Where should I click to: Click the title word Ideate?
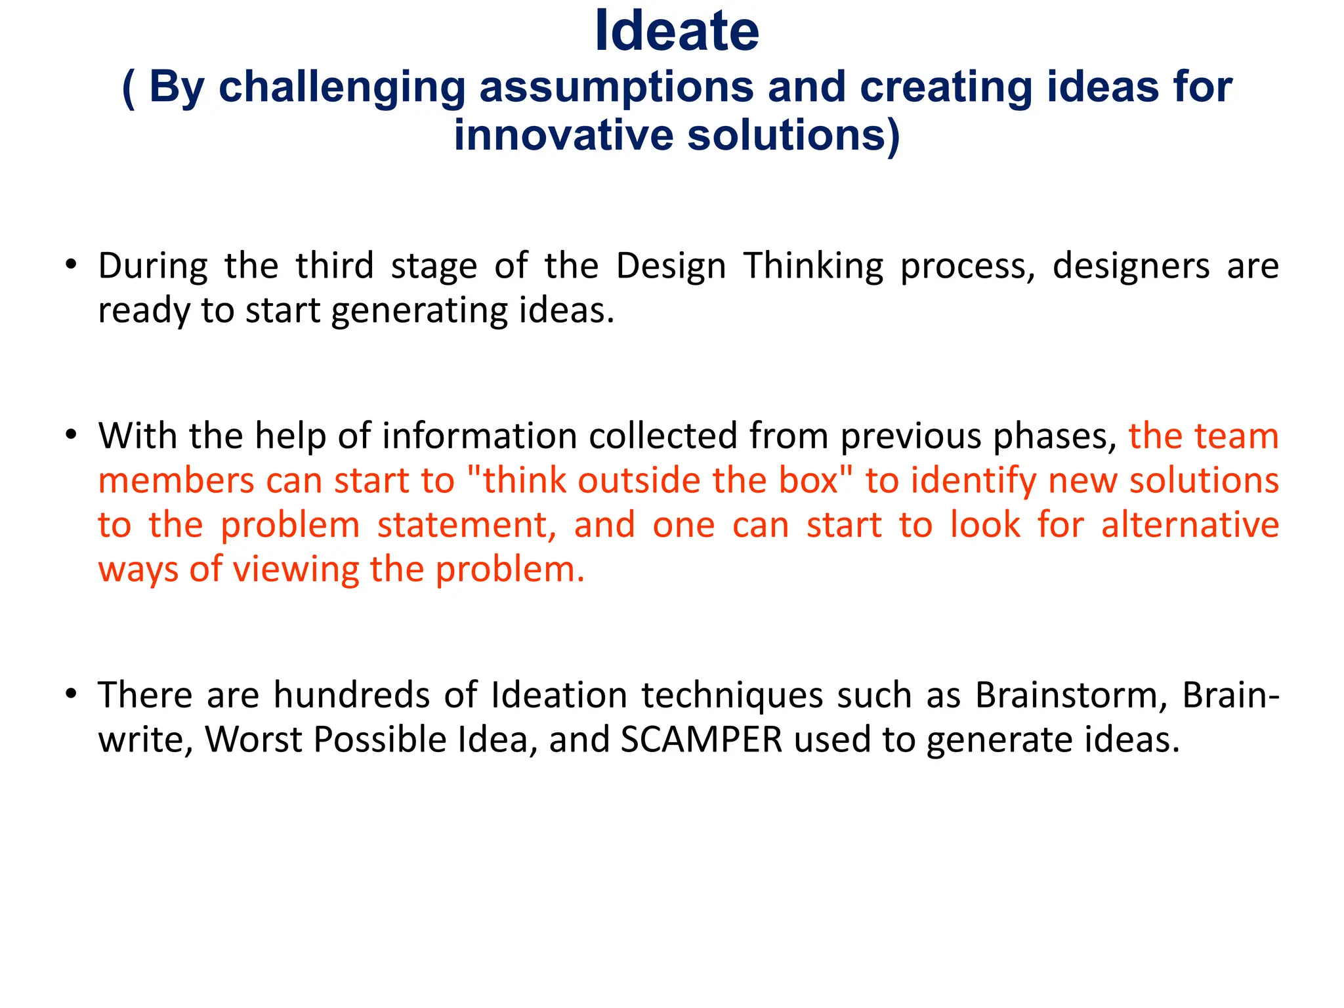676,31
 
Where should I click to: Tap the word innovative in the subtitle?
563,135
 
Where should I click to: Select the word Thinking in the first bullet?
813,266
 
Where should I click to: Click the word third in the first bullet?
334,266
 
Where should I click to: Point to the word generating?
419,310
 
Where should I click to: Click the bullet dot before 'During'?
72,265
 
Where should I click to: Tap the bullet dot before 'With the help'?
72,435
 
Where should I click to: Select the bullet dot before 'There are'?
72,694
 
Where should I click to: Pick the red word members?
176,480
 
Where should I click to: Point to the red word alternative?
1190,525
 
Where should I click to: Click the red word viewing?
296,569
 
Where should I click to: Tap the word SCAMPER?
702,739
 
